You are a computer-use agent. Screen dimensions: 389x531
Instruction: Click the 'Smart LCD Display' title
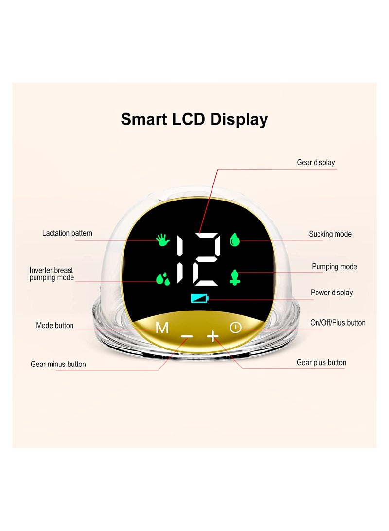tap(194, 120)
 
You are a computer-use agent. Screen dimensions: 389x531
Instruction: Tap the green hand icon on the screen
tap(163, 239)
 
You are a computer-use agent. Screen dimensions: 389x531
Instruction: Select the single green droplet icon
tap(234, 240)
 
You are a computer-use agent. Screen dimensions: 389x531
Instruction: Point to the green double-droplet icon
tap(163, 278)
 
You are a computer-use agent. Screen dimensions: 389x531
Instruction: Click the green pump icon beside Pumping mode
tap(234, 277)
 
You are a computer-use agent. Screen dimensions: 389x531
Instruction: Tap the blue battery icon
tap(199, 298)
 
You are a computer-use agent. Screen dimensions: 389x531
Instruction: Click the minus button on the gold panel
tap(187, 336)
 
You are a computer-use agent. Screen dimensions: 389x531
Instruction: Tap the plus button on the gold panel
tap(213, 336)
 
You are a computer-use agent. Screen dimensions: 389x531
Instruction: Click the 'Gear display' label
tap(316, 163)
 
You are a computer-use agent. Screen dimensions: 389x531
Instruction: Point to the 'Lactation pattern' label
tap(67, 233)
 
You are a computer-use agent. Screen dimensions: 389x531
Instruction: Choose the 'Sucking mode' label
tap(330, 234)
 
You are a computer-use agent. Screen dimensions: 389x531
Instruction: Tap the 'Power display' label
tap(332, 293)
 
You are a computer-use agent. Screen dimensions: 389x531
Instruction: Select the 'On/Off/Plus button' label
tap(338, 322)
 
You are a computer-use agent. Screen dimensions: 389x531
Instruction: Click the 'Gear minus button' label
tap(58, 364)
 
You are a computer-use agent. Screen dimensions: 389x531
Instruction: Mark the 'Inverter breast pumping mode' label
tap(52, 274)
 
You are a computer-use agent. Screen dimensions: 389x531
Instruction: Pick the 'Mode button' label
tap(55, 326)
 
